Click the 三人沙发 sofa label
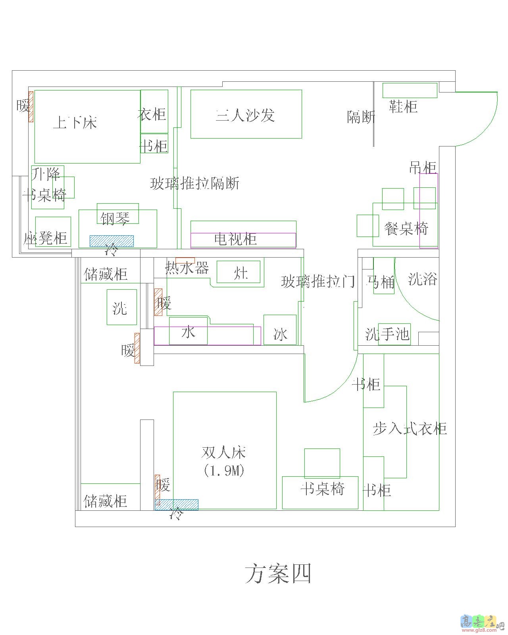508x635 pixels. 245,115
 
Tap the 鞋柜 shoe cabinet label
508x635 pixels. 403,107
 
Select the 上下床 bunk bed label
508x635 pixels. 75,122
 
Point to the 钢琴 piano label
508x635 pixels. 115,218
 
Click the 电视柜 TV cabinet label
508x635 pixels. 235,239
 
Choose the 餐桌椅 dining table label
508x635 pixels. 406,229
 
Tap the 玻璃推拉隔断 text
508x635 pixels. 194,184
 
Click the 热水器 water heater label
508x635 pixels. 187,269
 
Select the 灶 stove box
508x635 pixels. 239,272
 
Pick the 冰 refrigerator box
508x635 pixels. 280,330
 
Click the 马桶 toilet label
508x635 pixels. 381,282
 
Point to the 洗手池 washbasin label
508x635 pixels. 387,334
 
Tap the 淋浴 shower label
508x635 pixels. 422,279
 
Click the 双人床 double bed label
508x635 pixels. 224,452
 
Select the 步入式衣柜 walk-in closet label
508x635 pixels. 410,429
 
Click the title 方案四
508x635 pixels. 278,574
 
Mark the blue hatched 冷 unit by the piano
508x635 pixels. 112,241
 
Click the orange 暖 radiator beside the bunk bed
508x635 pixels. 31,107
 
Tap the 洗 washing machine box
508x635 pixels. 121,307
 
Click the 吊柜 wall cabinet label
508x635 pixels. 423,167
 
